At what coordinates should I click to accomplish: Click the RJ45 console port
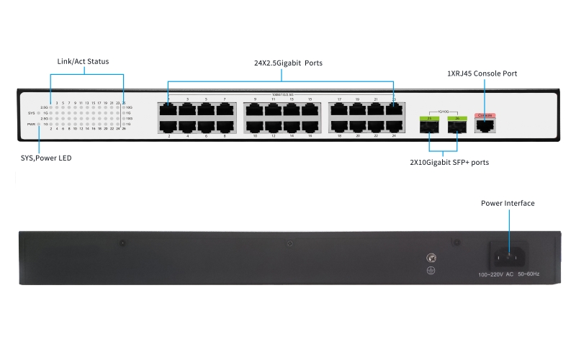[485, 125]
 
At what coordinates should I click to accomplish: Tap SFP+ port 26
[456, 127]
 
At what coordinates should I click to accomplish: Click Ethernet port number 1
[169, 110]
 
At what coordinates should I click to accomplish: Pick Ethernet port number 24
[393, 126]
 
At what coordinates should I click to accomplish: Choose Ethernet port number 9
[255, 110]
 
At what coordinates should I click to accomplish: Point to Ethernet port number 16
[310, 126]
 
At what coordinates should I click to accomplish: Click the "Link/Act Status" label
[83, 62]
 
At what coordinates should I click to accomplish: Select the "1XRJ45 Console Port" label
[482, 73]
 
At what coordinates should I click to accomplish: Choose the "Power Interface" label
[508, 204]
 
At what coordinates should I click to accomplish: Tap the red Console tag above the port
[485, 115]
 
